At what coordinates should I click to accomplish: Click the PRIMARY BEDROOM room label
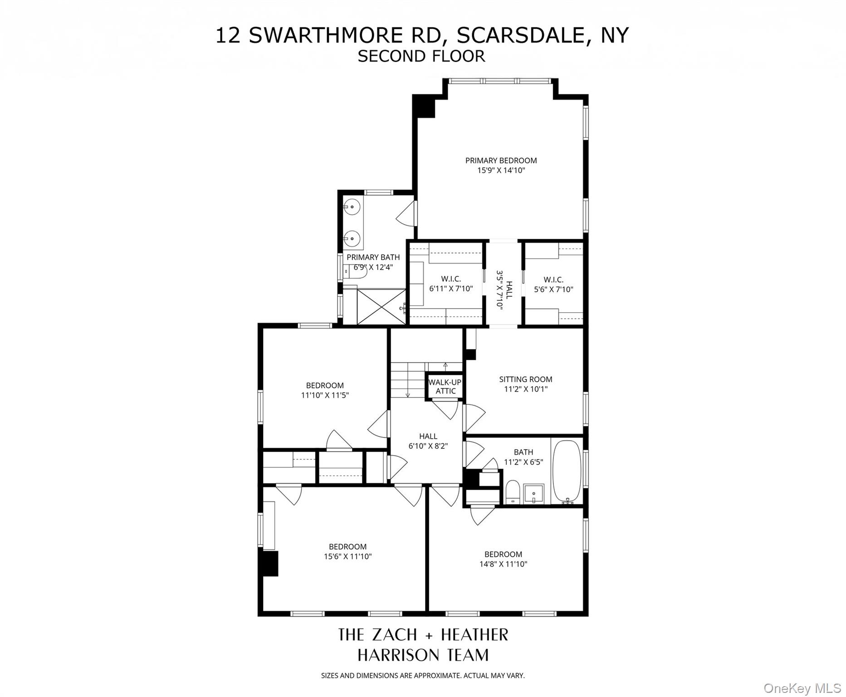pyautogui.click(x=501, y=161)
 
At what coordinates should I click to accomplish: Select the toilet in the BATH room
pyautogui.click(x=513, y=491)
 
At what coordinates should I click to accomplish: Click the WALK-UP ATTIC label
pyautogui.click(x=445, y=387)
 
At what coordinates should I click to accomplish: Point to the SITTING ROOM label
pyautogui.click(x=526, y=379)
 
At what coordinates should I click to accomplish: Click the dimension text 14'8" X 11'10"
pyautogui.click(x=504, y=564)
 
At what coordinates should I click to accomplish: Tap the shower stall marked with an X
pyautogui.click(x=381, y=307)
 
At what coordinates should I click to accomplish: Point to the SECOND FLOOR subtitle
pyautogui.click(x=421, y=56)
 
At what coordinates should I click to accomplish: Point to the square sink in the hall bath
pyautogui.click(x=533, y=493)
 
